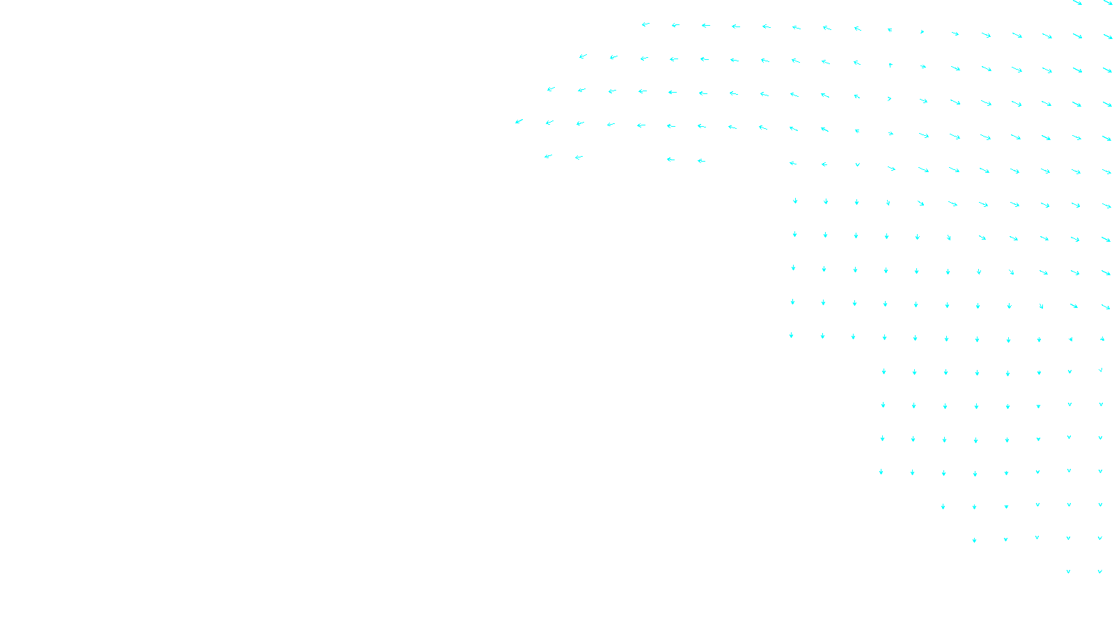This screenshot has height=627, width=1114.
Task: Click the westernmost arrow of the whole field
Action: pos(519,121)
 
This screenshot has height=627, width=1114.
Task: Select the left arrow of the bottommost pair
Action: pos(1068,571)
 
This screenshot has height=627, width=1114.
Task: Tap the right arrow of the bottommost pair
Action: pos(1100,571)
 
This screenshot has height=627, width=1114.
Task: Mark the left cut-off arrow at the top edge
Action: pos(1077,3)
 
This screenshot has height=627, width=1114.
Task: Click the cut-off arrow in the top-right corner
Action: pos(1108,3)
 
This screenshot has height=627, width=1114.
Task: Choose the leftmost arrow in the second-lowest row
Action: pos(974,540)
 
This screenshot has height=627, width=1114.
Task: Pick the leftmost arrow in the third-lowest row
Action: pos(943,506)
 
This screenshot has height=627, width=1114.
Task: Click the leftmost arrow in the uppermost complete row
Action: pos(645,24)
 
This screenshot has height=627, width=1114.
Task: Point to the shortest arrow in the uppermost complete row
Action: pos(922,31)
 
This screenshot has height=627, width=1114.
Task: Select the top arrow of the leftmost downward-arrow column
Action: pos(795,201)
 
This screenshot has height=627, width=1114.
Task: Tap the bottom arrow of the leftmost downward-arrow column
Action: pos(792,335)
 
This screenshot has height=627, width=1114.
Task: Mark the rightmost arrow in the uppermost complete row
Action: pos(1108,36)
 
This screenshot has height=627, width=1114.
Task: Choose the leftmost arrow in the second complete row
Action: pos(583,56)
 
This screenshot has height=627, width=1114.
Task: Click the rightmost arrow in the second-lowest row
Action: pos(1100,538)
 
